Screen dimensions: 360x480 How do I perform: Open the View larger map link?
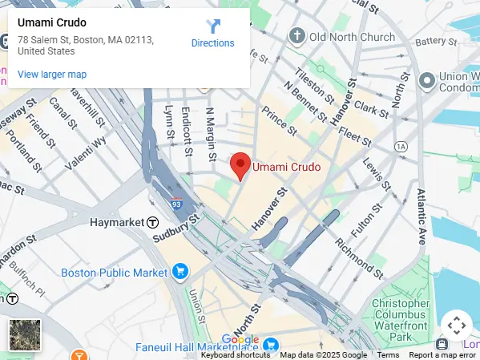52,75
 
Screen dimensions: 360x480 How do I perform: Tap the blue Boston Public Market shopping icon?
179,272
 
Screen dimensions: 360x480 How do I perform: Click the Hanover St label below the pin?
270,210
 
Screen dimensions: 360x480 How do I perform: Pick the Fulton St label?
363,218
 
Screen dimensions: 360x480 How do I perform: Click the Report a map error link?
442,355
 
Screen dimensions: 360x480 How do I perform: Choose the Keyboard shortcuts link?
235,355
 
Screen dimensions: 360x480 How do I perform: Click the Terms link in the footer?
388,355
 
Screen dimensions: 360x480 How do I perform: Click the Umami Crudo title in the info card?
52,22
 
